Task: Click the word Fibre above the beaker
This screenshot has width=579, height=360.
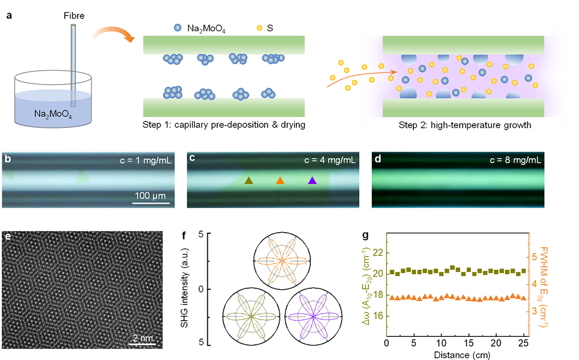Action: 74,16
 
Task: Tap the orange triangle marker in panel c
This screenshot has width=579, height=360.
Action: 280,181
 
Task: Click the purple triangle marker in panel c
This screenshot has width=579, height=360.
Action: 312,181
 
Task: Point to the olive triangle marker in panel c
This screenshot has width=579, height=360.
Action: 248,181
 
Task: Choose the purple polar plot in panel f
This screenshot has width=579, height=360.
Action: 313,316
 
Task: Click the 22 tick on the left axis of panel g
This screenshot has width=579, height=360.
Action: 376,252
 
